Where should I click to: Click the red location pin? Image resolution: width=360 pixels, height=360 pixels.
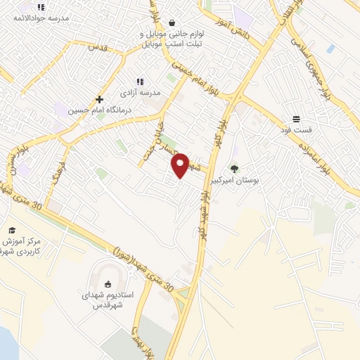click(180, 165)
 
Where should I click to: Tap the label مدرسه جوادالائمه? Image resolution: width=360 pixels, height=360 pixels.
click(41, 19)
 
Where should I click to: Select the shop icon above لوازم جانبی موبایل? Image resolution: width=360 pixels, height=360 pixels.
click(172, 22)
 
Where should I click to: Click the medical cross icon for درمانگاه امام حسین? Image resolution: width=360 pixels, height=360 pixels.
click(99, 99)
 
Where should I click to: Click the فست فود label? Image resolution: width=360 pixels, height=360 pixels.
click(297, 130)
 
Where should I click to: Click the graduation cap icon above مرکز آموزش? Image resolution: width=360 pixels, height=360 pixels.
click(12, 230)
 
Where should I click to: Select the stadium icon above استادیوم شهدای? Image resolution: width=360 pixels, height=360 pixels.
click(108, 284)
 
